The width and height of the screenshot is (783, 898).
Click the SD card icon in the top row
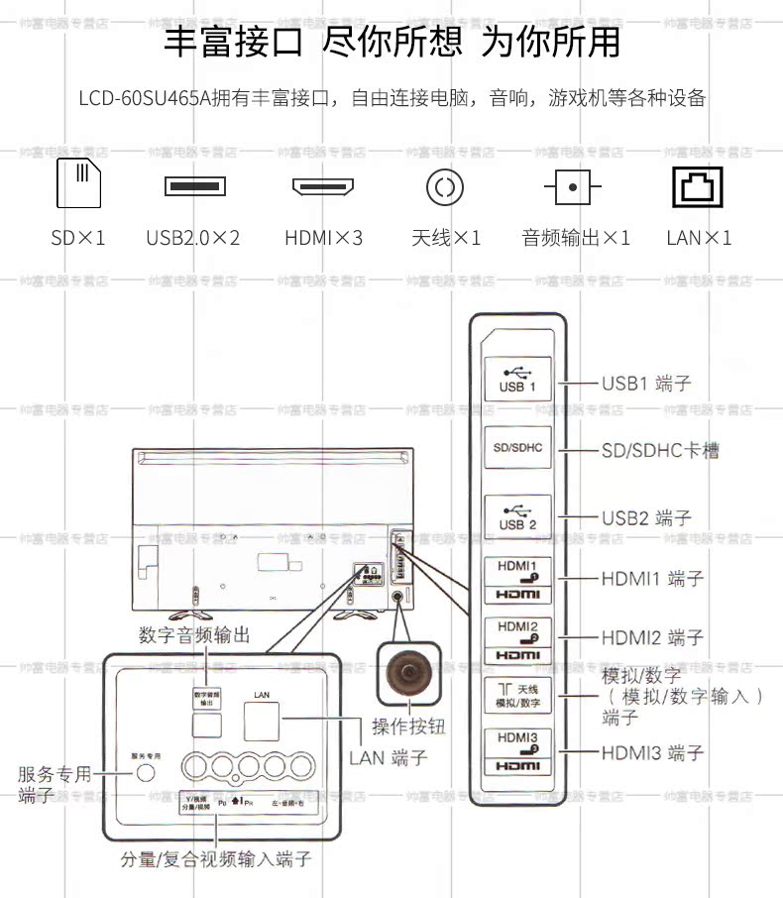78,182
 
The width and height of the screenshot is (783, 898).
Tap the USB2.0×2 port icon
194,185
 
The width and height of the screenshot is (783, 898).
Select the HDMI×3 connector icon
323,185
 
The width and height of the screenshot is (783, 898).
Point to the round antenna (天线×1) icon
445,185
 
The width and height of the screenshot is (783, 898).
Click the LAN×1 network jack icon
698,185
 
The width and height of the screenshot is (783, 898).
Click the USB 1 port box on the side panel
517,379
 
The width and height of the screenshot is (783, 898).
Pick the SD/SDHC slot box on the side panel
517,448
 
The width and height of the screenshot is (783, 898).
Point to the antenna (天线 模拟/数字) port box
517,696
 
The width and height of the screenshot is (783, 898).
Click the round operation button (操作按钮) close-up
407,673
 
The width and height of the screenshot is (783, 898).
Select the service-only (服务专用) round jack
146,772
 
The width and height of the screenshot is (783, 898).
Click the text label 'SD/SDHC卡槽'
660,451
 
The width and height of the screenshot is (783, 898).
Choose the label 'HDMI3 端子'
652,753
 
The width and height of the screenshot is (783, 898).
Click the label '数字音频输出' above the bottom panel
193,634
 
